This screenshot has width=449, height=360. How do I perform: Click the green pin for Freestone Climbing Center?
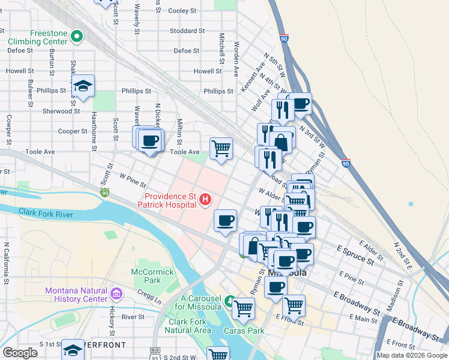pyautogui.click(x=76, y=37)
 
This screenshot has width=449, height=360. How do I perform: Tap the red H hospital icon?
pyautogui.click(x=205, y=199)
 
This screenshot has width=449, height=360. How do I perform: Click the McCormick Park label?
pyautogui.click(x=153, y=276)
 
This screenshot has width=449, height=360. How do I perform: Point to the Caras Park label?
pyautogui.click(x=244, y=331)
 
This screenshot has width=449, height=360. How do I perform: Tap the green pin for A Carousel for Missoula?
pyautogui.click(x=229, y=299)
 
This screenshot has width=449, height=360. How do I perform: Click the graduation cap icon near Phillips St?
pyautogui.click(x=83, y=86)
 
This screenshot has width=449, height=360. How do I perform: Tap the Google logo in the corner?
pyautogui.click(x=20, y=353)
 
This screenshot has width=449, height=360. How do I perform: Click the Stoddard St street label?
pyautogui.click(x=187, y=30)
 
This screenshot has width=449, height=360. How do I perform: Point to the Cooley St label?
pyautogui.click(x=182, y=11)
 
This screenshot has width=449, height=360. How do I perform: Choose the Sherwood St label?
pyautogui.click(x=61, y=111)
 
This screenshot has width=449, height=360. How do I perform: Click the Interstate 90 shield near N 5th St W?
pyautogui.click(x=284, y=38)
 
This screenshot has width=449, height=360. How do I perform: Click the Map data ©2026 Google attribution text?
pyautogui.click(x=412, y=355)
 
